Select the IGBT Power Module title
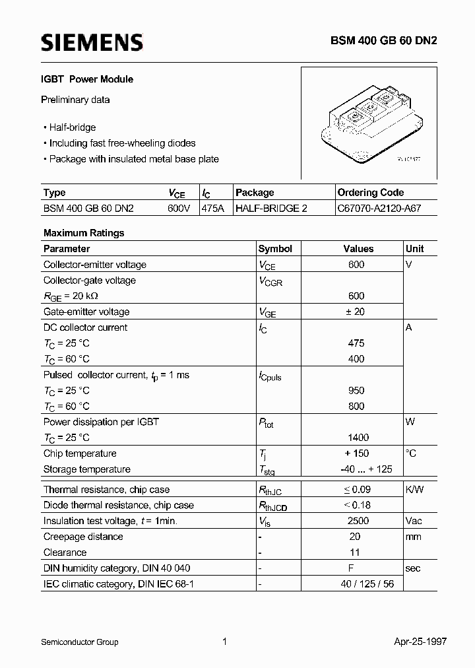88,79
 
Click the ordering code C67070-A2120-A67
379,208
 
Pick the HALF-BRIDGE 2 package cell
272,208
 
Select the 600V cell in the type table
179,208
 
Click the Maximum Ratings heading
84,233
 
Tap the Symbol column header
275,249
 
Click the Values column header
358,249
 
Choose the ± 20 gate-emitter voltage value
356,312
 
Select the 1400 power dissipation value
357,438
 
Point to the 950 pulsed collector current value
356,390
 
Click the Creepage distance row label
83,537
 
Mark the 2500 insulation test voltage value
358,521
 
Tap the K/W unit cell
415,490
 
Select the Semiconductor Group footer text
80,642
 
